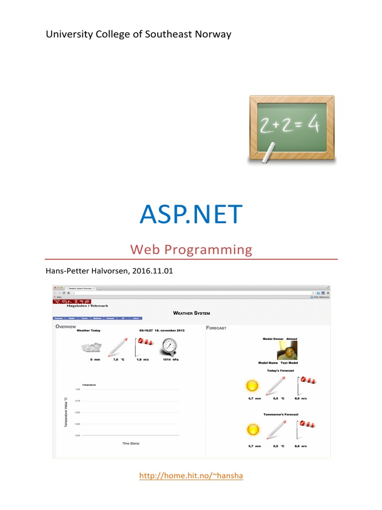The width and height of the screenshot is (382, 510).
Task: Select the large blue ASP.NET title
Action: pyautogui.click(x=191, y=215)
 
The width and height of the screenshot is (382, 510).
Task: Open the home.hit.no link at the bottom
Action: pyautogui.click(x=191, y=476)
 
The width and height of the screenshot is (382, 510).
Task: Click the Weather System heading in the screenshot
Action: pyautogui.click(x=191, y=313)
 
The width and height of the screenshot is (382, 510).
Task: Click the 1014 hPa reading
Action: pyautogui.click(x=170, y=359)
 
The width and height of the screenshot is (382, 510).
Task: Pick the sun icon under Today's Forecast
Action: pyautogui.click(x=253, y=385)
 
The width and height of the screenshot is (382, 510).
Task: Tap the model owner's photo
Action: pyautogui.click(x=287, y=351)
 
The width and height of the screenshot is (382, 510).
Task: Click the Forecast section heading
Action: pyautogui.click(x=216, y=328)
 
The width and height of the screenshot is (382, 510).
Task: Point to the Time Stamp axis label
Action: pyautogui.click(x=131, y=443)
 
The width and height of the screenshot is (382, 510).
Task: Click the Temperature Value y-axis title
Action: pyautogui.click(x=65, y=412)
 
